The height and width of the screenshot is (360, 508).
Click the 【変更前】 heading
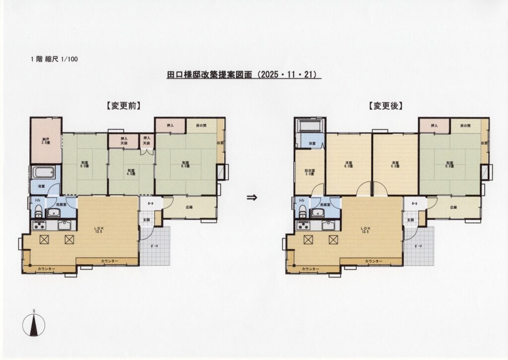pos(122,105)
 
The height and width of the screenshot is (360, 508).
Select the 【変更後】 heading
pos(385,105)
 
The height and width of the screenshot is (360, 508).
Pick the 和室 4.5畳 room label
pos(130,169)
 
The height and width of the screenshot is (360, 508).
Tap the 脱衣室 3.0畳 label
pos(310,173)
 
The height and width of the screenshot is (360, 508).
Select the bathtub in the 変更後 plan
pos(310,125)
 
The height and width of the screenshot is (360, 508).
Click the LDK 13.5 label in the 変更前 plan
pos(98,230)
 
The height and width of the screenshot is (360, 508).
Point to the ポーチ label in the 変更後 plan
pos(418,247)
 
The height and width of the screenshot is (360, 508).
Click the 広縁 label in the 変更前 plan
pos(190,207)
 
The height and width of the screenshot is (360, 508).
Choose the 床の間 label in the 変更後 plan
pos(464,126)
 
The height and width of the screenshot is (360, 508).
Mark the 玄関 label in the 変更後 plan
pos(410,219)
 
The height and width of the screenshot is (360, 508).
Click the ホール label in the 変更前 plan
pos(149,204)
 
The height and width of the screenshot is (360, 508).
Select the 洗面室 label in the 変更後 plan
pos(325,205)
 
